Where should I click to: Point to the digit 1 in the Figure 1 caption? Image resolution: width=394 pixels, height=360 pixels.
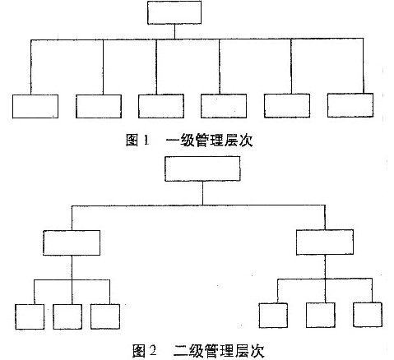tap(146, 141)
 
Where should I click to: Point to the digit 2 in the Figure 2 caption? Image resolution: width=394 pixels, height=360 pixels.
tap(153, 350)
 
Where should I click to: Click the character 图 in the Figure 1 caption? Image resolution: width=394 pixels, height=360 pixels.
tap(132, 140)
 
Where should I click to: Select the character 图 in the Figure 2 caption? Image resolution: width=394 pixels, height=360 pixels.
tap(139, 350)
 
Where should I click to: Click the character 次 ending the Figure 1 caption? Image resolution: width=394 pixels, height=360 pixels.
tap(245, 140)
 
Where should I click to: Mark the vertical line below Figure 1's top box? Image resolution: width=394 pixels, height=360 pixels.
tap(174, 32)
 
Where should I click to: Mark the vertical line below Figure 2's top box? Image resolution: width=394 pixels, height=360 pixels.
tap(202, 193)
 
